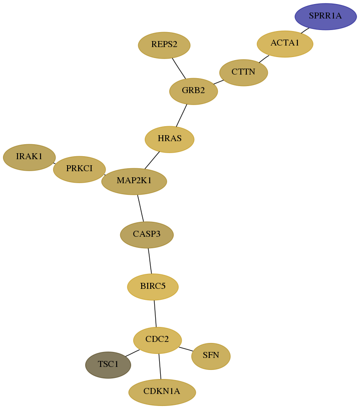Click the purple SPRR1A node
[325, 17]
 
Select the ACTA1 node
[285, 44]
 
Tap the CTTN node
[243, 72]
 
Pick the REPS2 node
[164, 45]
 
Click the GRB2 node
[193, 91]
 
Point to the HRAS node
[169, 139]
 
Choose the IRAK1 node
[29, 157]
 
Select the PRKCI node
[79, 169]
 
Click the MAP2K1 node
[134, 181]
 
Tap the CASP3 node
[147, 234]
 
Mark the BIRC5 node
[153, 287]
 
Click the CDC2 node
[157, 340]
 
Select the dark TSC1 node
[108, 365]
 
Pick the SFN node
[211, 356]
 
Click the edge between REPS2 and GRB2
[179, 68]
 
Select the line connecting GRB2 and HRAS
[181, 115]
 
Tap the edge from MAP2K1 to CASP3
[140, 208]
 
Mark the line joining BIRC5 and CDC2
[155, 313]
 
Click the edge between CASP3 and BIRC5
[150, 261]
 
